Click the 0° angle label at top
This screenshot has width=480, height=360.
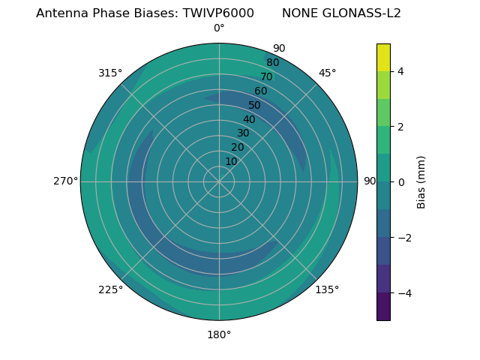click(219, 28)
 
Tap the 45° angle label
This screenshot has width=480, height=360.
click(327, 73)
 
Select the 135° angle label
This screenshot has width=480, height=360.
click(327, 289)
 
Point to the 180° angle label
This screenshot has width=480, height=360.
click(219, 334)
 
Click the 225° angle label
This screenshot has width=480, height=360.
click(110, 289)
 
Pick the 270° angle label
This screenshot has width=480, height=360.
click(65, 181)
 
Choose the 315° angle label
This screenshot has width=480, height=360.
click(110, 73)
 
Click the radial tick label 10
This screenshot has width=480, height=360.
click(231, 161)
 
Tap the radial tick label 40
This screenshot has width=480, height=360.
click(249, 119)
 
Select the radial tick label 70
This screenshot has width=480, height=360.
click(266, 76)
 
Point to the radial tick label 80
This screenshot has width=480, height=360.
click(272, 62)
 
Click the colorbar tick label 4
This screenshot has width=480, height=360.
click(400, 71)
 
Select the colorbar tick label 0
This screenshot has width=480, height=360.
click(400, 182)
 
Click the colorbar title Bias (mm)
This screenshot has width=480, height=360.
click(421, 182)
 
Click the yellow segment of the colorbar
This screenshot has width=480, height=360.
click(383, 57)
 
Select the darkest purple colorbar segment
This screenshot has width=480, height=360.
click(383, 307)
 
